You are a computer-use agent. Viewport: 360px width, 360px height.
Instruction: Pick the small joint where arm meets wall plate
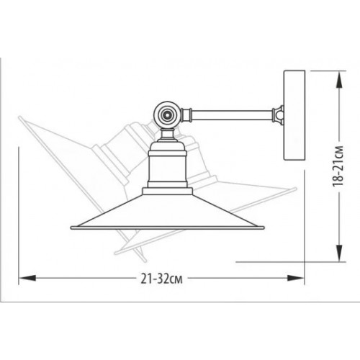(277, 112)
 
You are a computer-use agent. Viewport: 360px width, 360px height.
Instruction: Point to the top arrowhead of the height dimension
(335, 75)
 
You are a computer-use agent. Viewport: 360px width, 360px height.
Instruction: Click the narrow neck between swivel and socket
(167, 134)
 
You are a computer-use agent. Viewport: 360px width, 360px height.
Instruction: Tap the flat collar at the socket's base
(168, 192)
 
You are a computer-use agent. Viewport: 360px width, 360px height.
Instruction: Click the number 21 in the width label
(148, 279)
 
